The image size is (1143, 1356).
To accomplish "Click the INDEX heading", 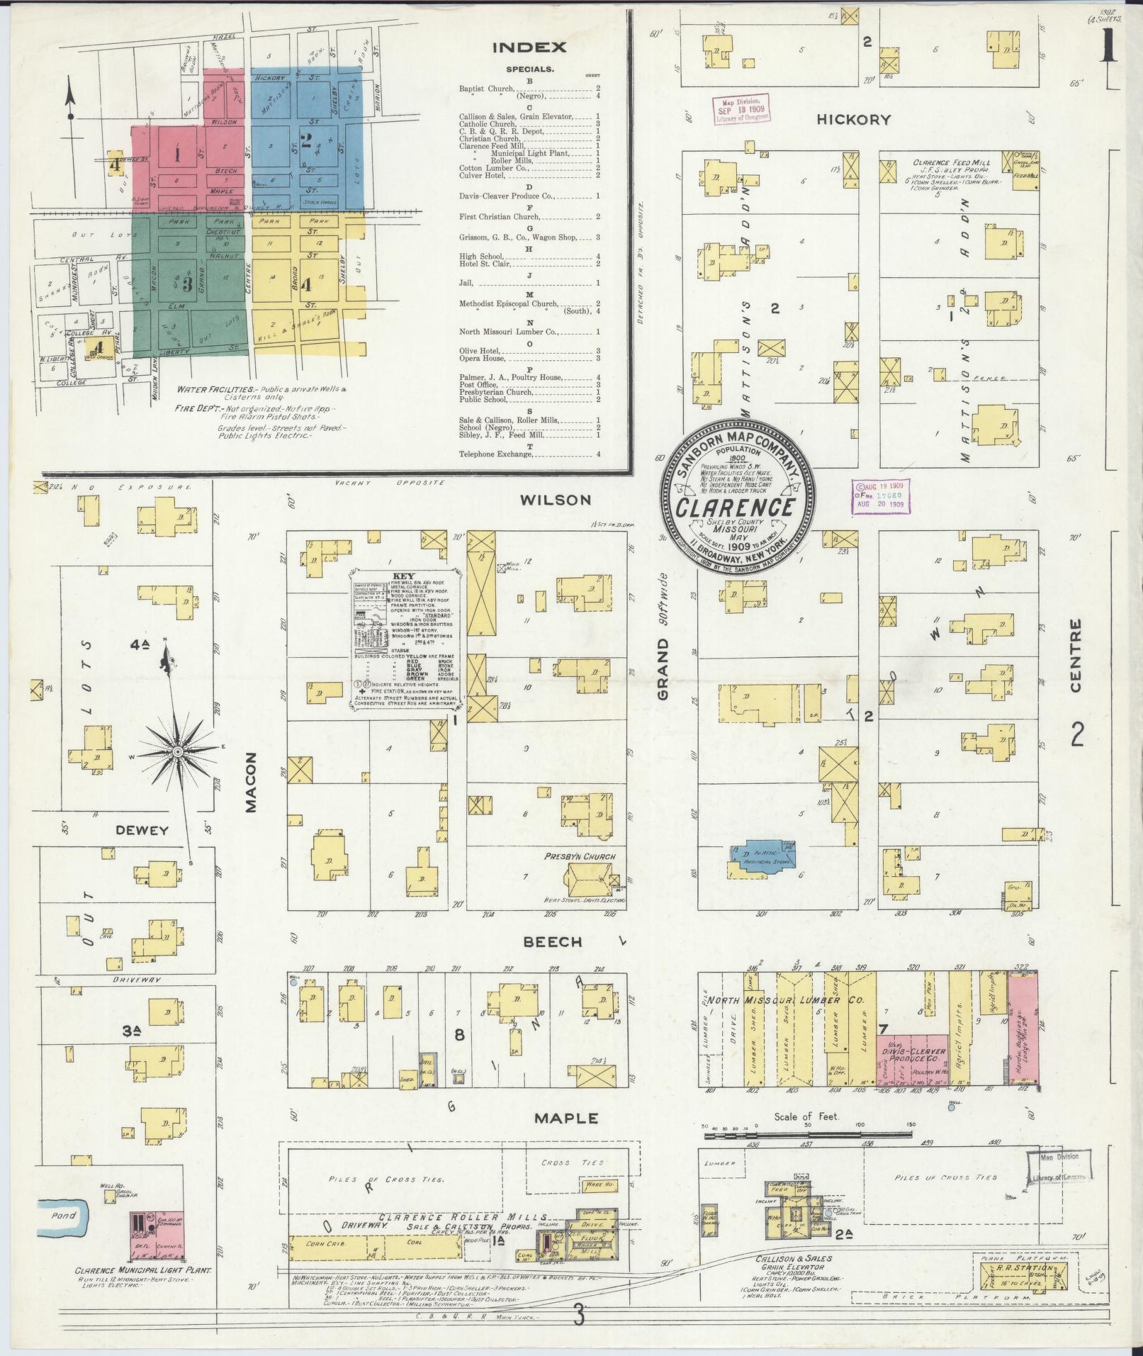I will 529,48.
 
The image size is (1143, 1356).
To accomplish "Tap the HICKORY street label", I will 853,120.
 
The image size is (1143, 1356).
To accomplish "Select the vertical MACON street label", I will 253,782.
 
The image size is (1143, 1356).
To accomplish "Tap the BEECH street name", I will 553,942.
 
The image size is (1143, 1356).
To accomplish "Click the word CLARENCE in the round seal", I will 733,508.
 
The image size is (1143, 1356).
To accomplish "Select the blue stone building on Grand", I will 762,860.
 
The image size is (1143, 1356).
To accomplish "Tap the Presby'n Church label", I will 580,856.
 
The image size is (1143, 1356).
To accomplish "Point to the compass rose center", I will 178,750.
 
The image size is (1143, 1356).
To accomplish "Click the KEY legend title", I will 402,576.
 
